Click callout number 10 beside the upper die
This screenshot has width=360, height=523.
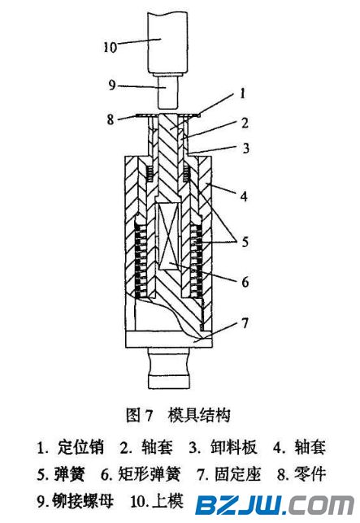pyautogui.click(x=110, y=46)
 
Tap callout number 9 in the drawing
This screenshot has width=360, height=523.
pyautogui.click(x=112, y=84)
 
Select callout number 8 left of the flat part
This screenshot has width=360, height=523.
pyautogui.click(x=111, y=119)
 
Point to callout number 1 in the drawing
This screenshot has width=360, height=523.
pyautogui.click(x=243, y=93)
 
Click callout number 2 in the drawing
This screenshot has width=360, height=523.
pyautogui.click(x=245, y=123)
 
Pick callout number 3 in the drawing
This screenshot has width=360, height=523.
pyautogui.click(x=246, y=148)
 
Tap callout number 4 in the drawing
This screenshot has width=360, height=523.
pyautogui.click(x=245, y=197)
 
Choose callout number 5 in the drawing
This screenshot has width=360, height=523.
pyautogui.click(x=245, y=241)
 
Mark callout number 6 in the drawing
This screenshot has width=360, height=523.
pyautogui.click(x=245, y=282)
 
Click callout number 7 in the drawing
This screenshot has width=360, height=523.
pyautogui.click(x=245, y=323)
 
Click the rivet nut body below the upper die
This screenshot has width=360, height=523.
pyautogui.click(x=167, y=93)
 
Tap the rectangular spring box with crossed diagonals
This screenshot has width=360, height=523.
pyautogui.click(x=168, y=236)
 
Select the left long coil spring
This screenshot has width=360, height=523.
pyautogui.click(x=141, y=261)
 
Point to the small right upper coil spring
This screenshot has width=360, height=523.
pyautogui.click(x=186, y=175)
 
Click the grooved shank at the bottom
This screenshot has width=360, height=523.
pyautogui.click(x=169, y=368)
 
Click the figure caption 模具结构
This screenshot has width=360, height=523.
pyautogui.click(x=199, y=416)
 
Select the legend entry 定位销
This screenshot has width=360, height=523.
pyautogui.click(x=80, y=447)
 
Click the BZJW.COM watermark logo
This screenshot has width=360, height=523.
pyautogui.click(x=275, y=506)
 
